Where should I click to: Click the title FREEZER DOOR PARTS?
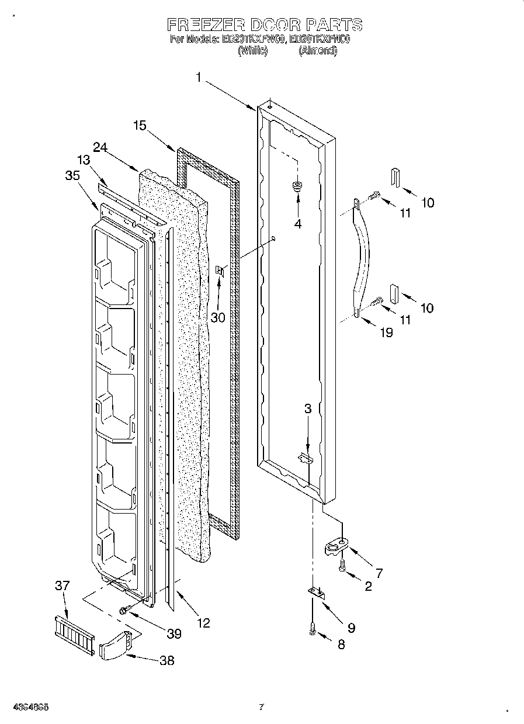(x=265, y=25)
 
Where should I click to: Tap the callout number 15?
(x=139, y=125)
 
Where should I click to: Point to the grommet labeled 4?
(x=298, y=187)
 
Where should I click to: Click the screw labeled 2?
(x=342, y=565)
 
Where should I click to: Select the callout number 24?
(x=100, y=148)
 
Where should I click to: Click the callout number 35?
(x=72, y=175)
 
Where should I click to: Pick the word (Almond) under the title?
(x=318, y=51)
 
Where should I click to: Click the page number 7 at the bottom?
(x=261, y=707)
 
